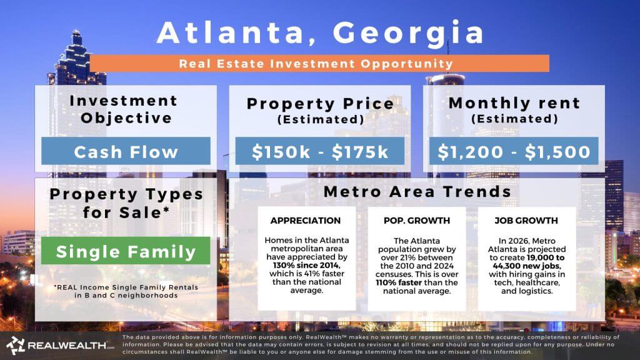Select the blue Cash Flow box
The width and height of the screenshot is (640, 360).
(x=126, y=152)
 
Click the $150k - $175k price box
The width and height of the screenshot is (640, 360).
(x=319, y=152)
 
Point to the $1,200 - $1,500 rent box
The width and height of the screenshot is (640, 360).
(x=514, y=152)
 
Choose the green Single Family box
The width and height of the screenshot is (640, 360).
(x=126, y=252)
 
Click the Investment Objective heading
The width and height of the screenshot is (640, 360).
(x=123, y=109)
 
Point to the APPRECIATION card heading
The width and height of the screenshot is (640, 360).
(x=306, y=221)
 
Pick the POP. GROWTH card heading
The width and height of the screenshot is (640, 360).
(x=417, y=221)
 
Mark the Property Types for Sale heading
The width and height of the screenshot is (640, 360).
(x=126, y=202)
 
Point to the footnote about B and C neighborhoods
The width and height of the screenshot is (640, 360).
(x=126, y=291)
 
